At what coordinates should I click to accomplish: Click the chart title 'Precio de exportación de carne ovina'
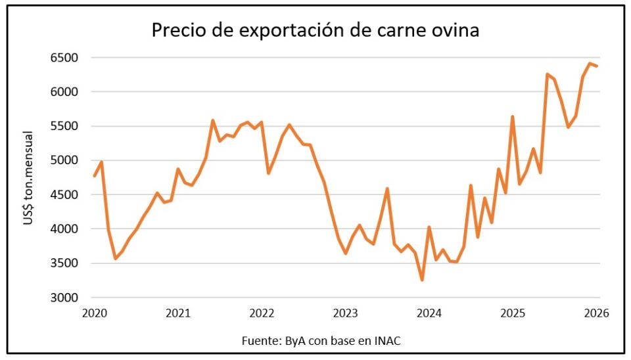[x=315, y=30]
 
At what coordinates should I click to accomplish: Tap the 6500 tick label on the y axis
[x=64, y=58]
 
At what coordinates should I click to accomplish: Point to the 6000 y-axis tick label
[x=64, y=92]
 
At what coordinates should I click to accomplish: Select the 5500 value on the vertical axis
[x=64, y=126]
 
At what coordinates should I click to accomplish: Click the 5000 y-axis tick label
[x=64, y=160]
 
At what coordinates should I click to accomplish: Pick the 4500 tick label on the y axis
[x=64, y=195]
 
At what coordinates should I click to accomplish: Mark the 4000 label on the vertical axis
[x=64, y=229]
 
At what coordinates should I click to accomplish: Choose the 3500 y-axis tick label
[x=64, y=263]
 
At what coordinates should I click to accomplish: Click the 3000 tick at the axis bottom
[x=64, y=298]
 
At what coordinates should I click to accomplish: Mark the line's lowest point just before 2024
[x=422, y=280]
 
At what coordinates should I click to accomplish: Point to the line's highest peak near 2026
[x=590, y=64]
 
